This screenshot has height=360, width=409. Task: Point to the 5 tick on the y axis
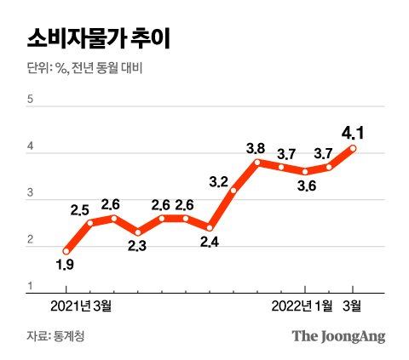(31, 100)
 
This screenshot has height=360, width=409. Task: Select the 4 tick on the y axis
(31, 148)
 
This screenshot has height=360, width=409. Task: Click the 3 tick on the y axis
(31, 195)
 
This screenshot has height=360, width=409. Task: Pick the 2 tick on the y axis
(31, 242)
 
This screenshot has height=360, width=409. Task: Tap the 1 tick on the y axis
(31, 286)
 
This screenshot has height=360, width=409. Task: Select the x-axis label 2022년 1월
(302, 304)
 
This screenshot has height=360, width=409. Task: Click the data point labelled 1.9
(66, 251)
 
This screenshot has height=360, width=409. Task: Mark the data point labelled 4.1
(353, 148)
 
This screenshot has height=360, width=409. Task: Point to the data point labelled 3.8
(256, 162)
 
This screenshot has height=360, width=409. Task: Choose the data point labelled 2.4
(209, 227)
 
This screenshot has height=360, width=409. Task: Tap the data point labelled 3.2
(233, 190)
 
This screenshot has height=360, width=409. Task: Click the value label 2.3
(138, 247)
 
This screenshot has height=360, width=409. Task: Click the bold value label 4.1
(353, 132)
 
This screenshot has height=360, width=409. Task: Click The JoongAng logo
(338, 335)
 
